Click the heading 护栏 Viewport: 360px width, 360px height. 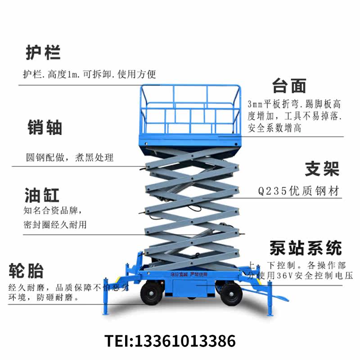click(x=43, y=53)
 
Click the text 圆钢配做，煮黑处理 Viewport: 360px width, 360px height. click(x=69, y=157)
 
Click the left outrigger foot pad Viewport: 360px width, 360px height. click(x=106, y=313)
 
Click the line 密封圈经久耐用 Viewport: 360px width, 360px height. click(x=54, y=224)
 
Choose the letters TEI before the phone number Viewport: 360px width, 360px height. click(x=116, y=340)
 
